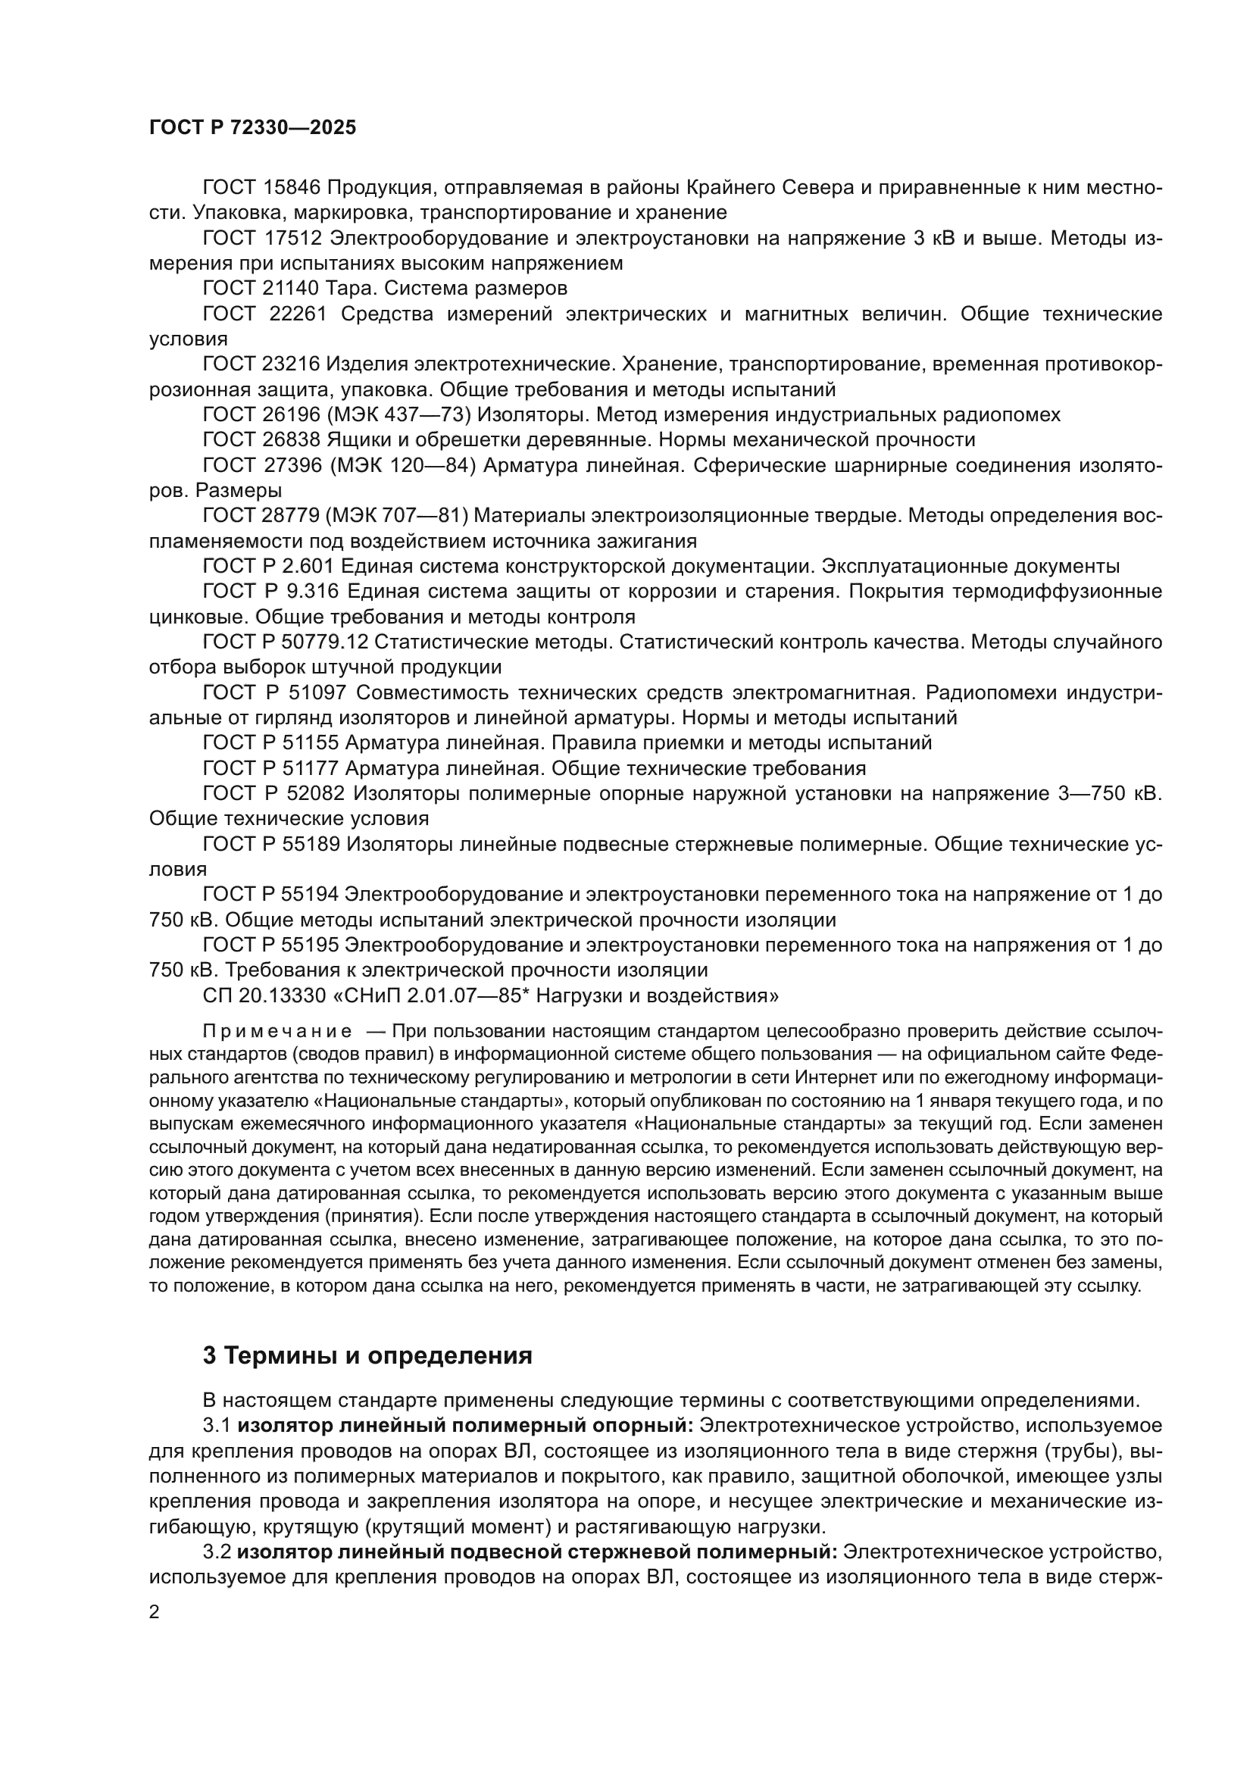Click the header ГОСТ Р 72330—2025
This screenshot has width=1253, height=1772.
pyautogui.click(x=252, y=128)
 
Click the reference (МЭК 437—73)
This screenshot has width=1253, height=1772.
pyautogui.click(x=400, y=415)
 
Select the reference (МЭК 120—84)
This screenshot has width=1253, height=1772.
pyautogui.click(x=402, y=465)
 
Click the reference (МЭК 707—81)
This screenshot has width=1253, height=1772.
pyautogui.click(x=400, y=516)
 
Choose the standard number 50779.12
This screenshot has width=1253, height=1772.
pyautogui.click(x=321, y=642)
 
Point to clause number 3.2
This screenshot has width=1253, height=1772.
pyautogui.click(x=217, y=1552)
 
